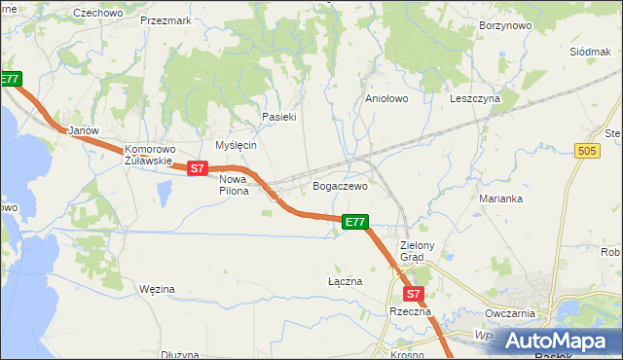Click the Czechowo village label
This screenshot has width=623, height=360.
[x=98, y=13]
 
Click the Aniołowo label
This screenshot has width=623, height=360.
[x=386, y=98]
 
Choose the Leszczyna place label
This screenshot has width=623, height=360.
[x=475, y=98]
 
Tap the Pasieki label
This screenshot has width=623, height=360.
[x=278, y=117]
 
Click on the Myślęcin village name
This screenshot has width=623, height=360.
[x=236, y=145]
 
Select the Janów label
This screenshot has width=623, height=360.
[x=79, y=129]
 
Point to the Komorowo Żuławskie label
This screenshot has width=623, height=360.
[x=149, y=156]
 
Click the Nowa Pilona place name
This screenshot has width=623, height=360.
[x=234, y=185]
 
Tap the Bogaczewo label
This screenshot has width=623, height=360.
[x=339, y=185]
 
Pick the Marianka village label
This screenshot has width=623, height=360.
[x=501, y=198]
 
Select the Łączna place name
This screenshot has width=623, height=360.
[x=345, y=281]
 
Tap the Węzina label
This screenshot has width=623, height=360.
[x=157, y=289]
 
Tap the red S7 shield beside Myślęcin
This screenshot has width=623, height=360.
[x=198, y=168]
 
